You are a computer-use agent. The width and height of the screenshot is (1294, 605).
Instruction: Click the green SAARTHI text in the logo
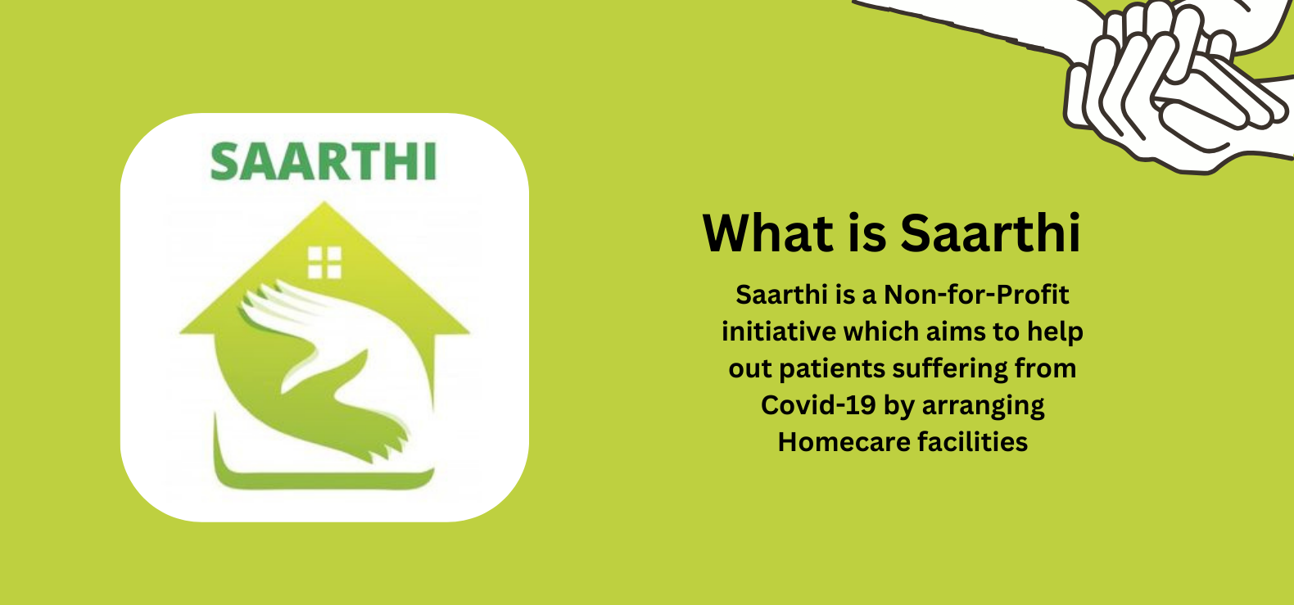[x=323, y=161]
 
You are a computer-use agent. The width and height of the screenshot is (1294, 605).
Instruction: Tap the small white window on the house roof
[x=324, y=263]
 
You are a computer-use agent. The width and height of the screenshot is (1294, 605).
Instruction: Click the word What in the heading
[x=767, y=233]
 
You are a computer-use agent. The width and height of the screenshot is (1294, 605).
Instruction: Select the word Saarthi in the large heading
[x=990, y=233]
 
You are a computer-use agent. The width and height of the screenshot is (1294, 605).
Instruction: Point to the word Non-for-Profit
[x=976, y=295]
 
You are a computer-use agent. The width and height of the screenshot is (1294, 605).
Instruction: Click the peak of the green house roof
[x=324, y=202]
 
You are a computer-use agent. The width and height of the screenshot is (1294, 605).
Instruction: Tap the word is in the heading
[x=867, y=233]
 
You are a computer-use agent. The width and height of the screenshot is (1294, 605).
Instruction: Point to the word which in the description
[x=881, y=332]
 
